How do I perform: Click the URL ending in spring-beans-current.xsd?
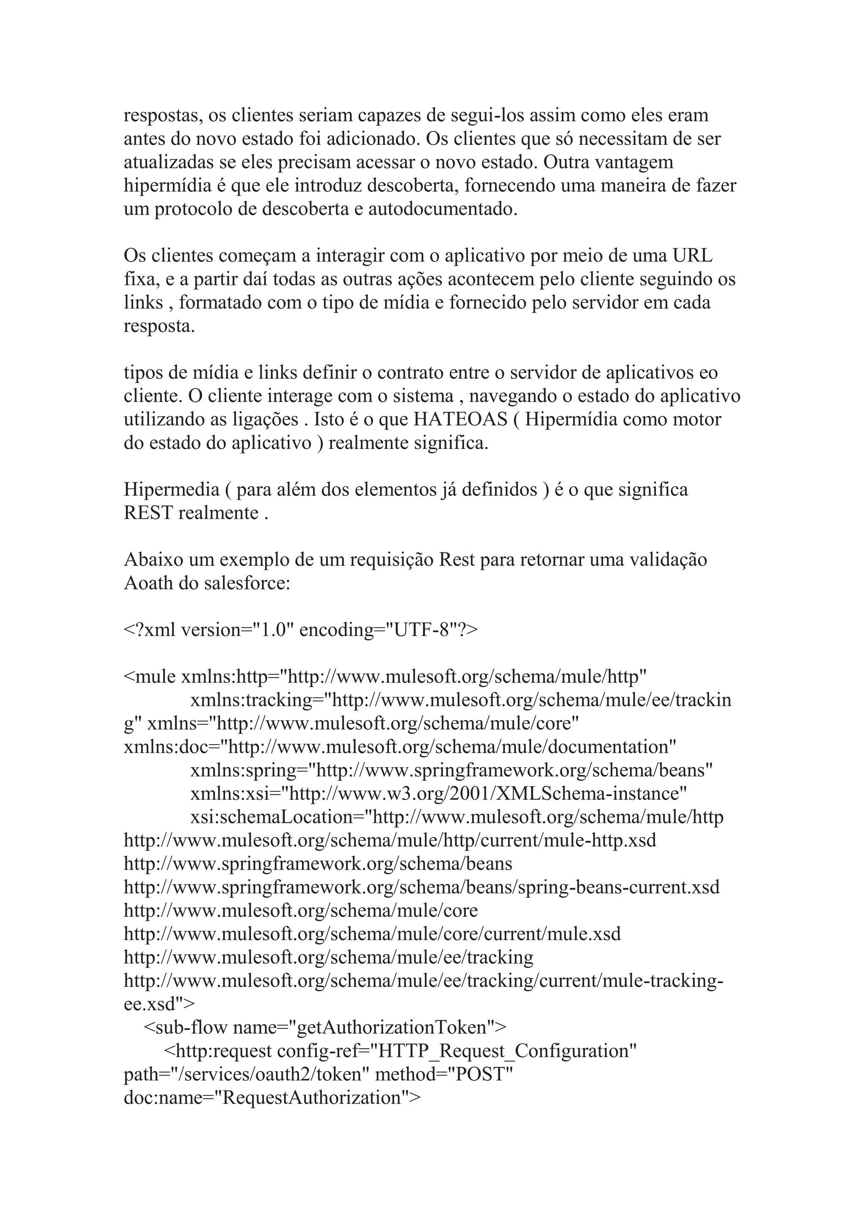pos(422,887)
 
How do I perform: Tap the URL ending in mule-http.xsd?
pos(390,840)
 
